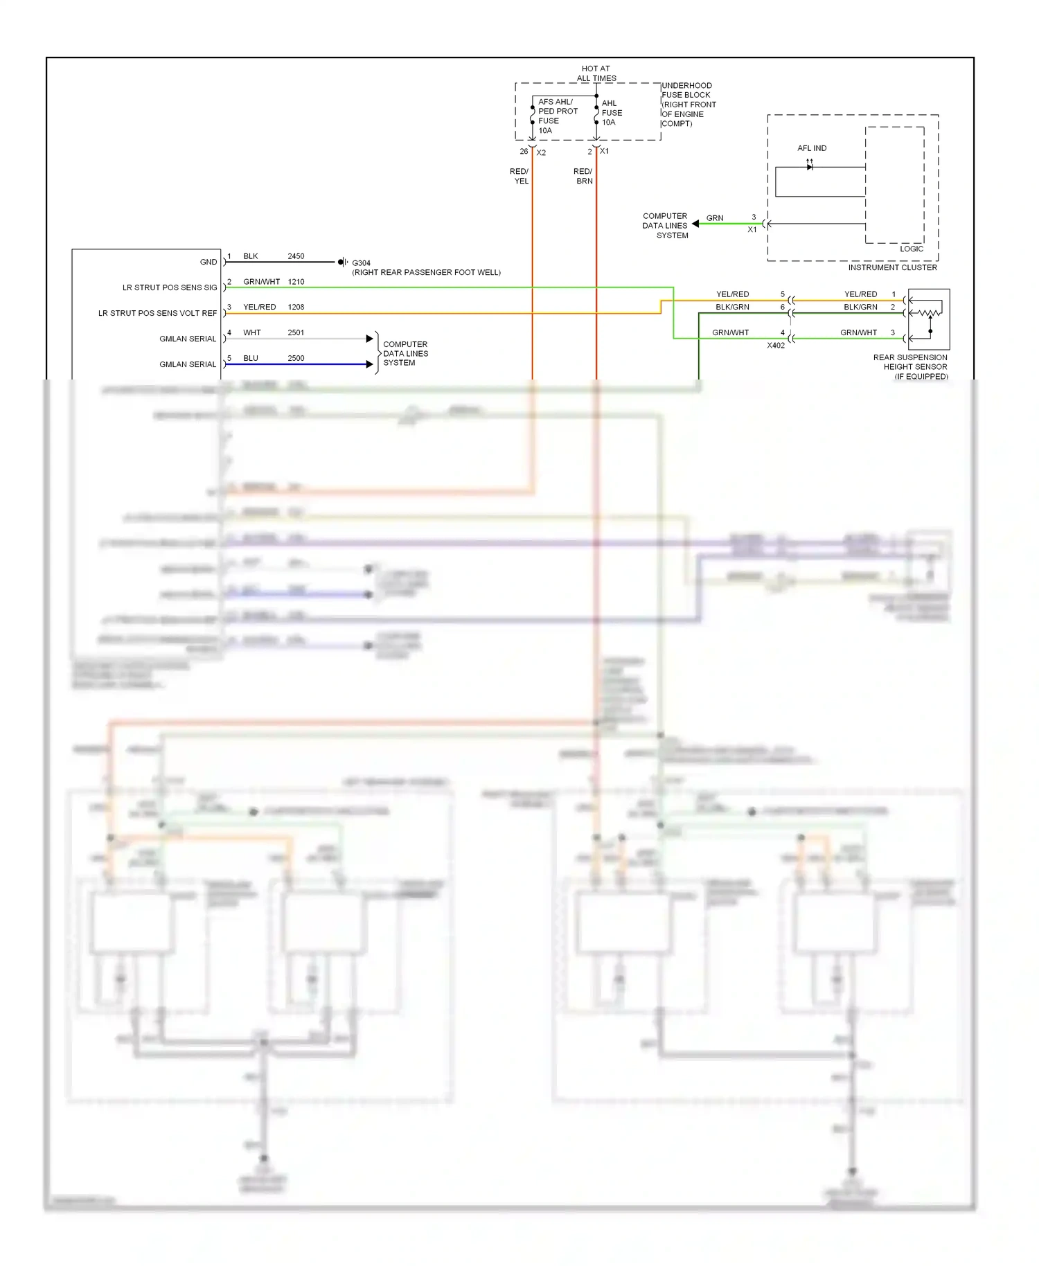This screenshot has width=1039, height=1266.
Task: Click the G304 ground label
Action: click(361, 263)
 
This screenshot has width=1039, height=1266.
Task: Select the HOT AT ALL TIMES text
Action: click(596, 73)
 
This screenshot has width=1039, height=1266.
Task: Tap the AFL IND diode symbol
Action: click(810, 166)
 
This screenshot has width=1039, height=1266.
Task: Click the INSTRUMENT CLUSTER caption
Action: click(892, 267)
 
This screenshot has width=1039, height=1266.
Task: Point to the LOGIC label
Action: click(911, 249)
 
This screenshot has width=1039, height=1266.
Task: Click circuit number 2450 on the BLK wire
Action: click(296, 256)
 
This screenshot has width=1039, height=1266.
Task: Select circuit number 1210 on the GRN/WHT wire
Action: click(296, 282)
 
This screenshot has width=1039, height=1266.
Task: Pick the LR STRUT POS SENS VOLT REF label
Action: click(157, 313)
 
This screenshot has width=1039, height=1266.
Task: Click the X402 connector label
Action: click(776, 345)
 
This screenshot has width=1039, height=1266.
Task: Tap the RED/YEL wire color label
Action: click(519, 176)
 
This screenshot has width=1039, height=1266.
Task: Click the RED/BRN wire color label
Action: click(583, 176)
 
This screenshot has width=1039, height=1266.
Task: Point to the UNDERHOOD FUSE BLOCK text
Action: click(688, 105)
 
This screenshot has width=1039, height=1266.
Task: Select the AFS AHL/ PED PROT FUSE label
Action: click(558, 116)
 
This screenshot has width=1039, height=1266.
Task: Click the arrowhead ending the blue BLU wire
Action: click(370, 364)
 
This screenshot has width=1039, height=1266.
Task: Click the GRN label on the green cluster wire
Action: click(715, 218)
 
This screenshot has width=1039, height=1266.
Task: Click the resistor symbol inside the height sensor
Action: click(930, 313)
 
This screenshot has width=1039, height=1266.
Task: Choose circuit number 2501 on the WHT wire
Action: click(296, 333)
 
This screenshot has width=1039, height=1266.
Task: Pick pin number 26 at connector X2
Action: click(524, 152)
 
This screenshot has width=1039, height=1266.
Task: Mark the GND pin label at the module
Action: click(208, 262)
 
